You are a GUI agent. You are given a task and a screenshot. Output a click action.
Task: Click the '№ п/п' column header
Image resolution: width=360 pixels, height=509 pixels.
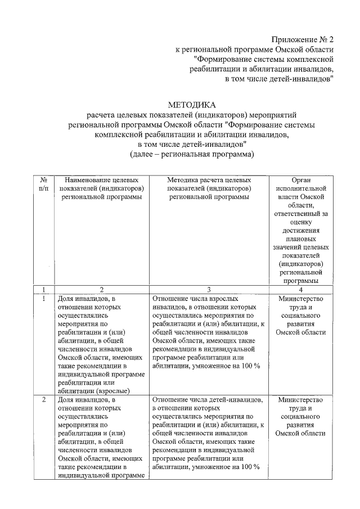pos(43,183)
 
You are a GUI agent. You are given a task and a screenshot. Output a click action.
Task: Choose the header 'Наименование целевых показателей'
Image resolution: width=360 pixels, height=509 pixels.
pos(102,188)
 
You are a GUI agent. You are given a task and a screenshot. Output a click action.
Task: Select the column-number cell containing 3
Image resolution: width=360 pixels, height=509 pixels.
pos(209,289)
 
